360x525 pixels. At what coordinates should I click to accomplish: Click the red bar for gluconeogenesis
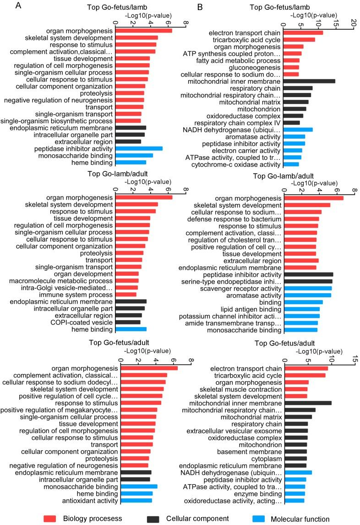click(291, 67)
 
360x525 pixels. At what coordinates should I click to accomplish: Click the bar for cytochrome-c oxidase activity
click(291, 164)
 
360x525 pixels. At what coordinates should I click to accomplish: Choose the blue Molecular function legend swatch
click(258, 519)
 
